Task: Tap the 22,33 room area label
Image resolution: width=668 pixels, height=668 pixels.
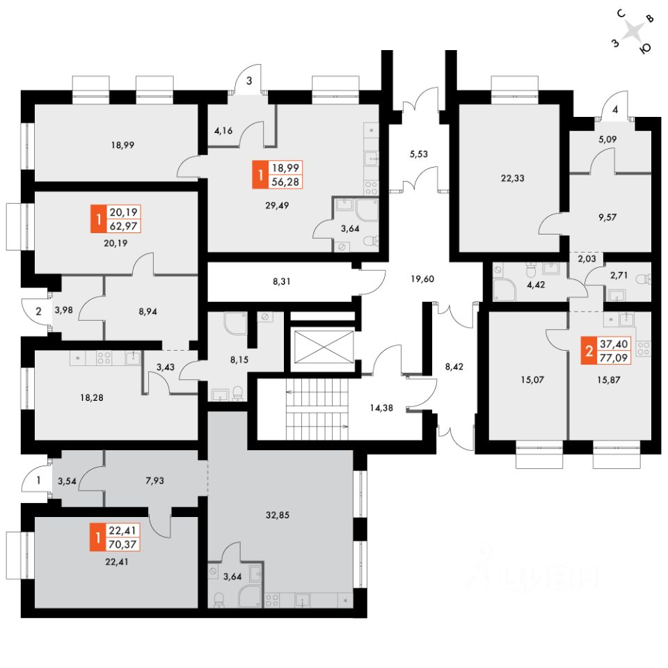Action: (x=512, y=177)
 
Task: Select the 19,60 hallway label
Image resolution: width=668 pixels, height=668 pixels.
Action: (x=423, y=278)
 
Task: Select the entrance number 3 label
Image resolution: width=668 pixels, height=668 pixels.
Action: (x=248, y=81)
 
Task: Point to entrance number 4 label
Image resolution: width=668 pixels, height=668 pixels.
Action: (x=615, y=109)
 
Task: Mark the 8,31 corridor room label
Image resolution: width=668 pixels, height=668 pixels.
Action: (x=282, y=282)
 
